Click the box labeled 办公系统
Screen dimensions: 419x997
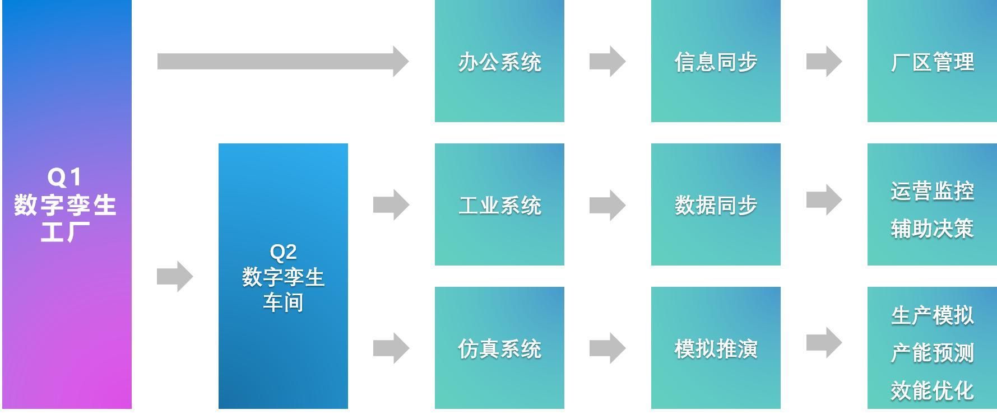point(499,61)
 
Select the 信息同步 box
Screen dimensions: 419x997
point(716,61)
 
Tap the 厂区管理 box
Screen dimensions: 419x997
point(932,61)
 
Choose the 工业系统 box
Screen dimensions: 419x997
point(499,204)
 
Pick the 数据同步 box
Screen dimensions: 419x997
point(716,204)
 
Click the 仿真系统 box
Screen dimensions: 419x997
point(499,348)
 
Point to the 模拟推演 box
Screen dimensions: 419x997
point(716,348)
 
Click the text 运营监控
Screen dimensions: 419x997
point(932,191)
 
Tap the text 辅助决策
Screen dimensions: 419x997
point(932,229)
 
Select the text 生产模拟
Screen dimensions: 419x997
point(932,315)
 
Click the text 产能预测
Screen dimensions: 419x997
point(932,353)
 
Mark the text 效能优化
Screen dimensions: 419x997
point(932,390)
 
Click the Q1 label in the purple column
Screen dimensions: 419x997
point(65,178)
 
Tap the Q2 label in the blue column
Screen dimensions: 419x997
point(283,252)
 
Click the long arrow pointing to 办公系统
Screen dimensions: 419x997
point(282,61)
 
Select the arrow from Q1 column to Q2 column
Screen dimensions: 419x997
point(175,276)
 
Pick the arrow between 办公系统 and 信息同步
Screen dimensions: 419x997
point(608,61)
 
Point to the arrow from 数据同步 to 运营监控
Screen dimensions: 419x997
point(824,199)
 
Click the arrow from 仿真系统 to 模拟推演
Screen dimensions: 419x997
point(608,348)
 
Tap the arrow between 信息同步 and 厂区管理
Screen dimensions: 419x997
point(824,61)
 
